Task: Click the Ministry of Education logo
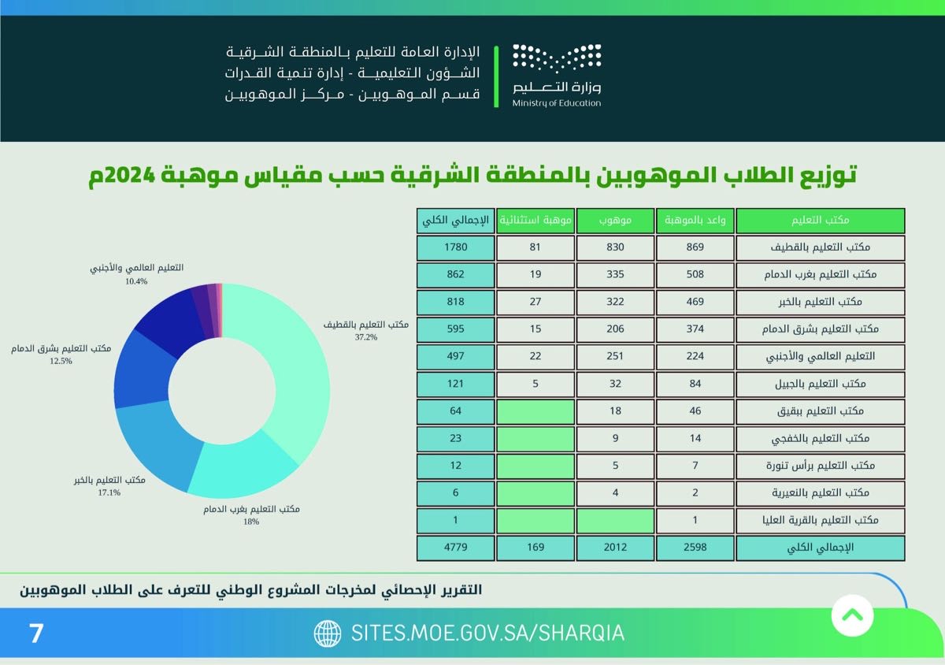click(x=557, y=75)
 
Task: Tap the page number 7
click(x=36, y=633)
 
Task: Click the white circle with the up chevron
click(x=852, y=614)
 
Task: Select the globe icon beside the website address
click(x=328, y=633)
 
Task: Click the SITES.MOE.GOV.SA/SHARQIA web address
click(x=487, y=633)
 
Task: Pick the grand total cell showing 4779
click(x=455, y=547)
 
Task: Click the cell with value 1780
click(x=455, y=247)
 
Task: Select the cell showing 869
click(x=695, y=247)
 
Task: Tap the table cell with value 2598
click(x=695, y=547)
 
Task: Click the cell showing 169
click(x=535, y=547)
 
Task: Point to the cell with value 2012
click(x=615, y=547)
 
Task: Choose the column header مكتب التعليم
click(x=821, y=221)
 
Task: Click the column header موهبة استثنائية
click(x=535, y=221)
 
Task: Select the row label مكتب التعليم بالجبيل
click(x=821, y=384)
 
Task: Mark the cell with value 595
click(x=455, y=329)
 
